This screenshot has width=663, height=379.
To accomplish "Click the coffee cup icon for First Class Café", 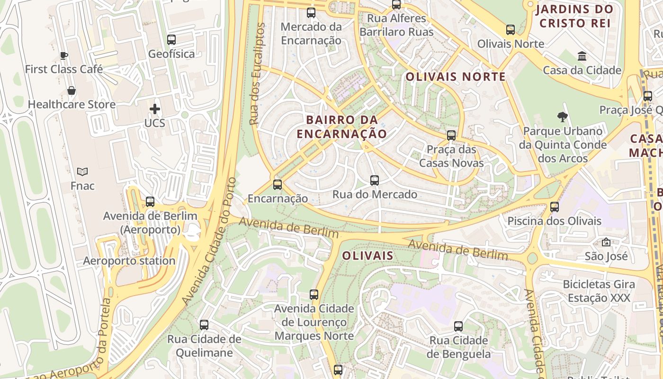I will [x=64, y=56].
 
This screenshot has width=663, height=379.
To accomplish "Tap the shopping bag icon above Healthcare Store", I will [x=72, y=90].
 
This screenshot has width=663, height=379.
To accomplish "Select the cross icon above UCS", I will [x=155, y=109].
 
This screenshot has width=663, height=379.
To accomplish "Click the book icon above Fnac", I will [x=82, y=171].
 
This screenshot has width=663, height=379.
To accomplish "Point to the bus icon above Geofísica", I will [x=171, y=40].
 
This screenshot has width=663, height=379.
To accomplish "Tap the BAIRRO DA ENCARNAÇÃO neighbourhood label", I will [x=341, y=126].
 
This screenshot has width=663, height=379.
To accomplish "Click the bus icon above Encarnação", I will [x=278, y=185].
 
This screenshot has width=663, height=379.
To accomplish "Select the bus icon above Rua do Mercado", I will [x=375, y=180].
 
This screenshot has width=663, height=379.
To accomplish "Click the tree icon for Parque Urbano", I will [x=562, y=117].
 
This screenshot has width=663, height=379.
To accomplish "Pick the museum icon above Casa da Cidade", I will [x=582, y=56].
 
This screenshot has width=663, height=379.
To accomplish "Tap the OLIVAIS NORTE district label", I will [x=456, y=77].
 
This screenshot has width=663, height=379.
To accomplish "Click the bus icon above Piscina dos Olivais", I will [x=555, y=207].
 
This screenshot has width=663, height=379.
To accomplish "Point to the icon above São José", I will [x=606, y=243].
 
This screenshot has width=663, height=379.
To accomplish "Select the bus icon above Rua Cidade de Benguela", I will [x=458, y=326].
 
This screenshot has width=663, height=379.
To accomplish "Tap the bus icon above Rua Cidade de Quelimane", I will [x=204, y=325].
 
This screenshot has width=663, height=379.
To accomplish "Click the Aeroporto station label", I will [x=129, y=261].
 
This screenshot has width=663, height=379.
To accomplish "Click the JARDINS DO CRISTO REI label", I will [x=574, y=16].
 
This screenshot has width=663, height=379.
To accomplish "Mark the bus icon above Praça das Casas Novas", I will [x=451, y=135].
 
